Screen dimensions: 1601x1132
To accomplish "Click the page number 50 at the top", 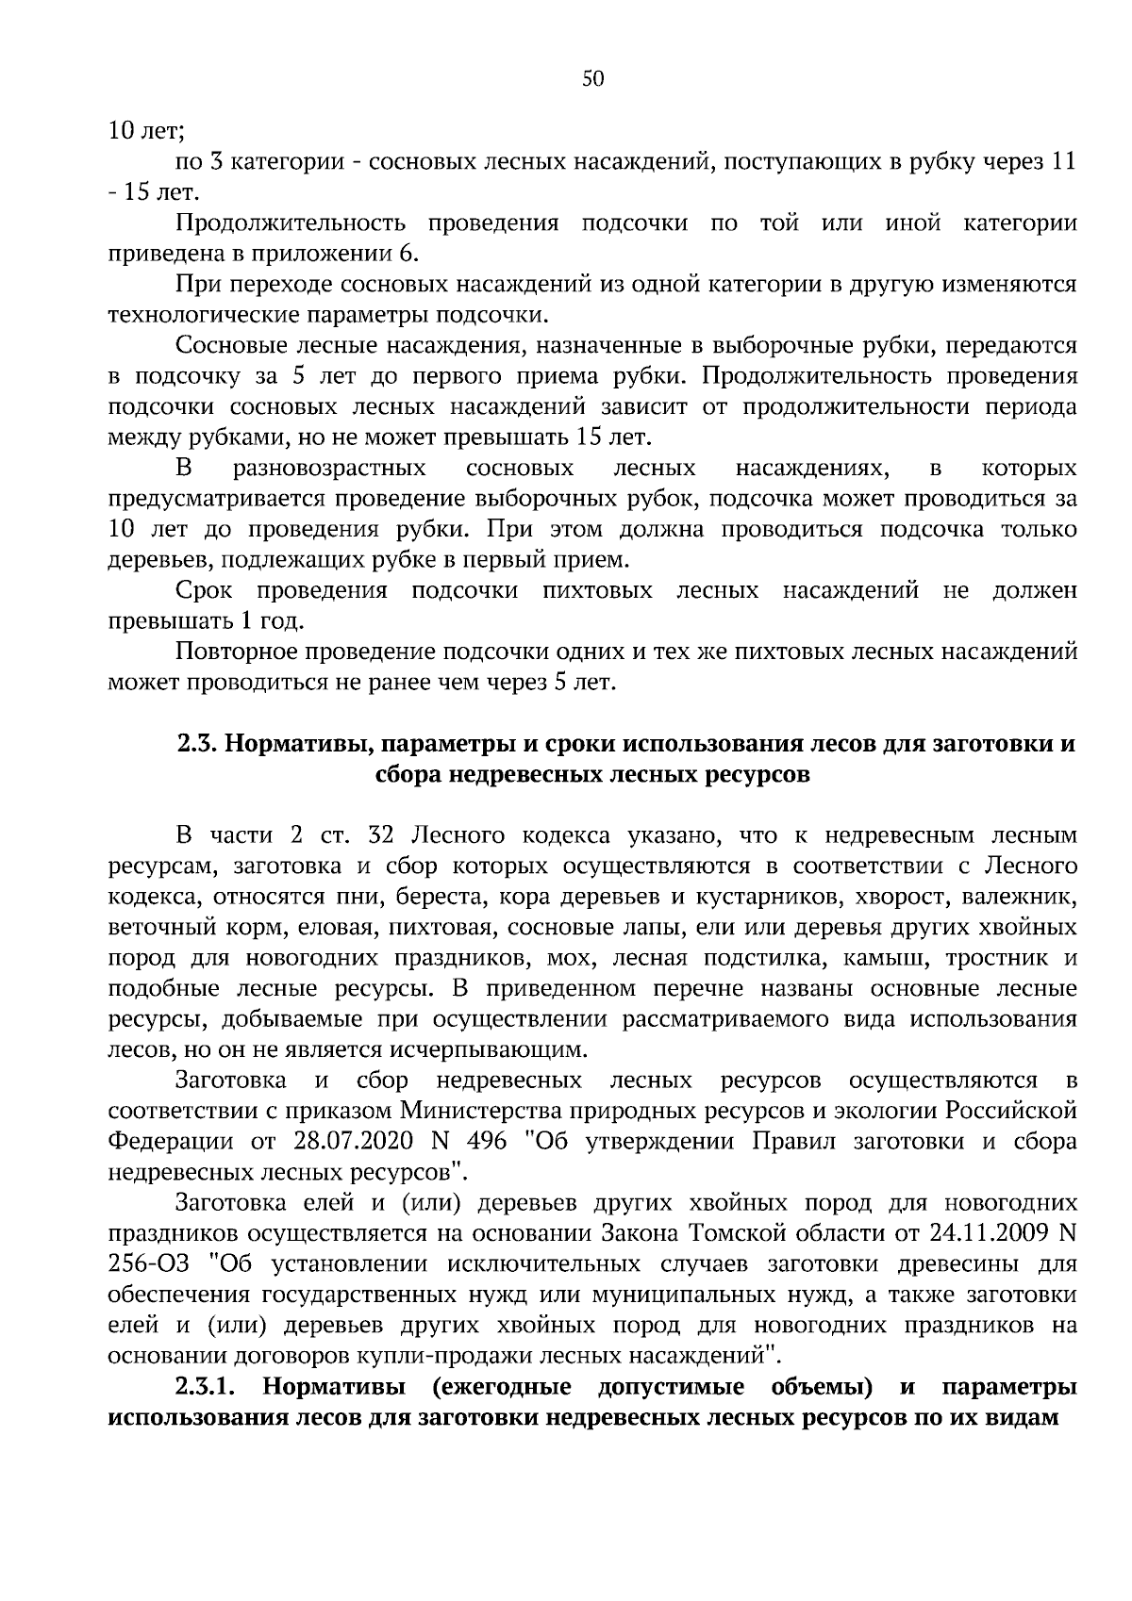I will coord(592,79).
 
